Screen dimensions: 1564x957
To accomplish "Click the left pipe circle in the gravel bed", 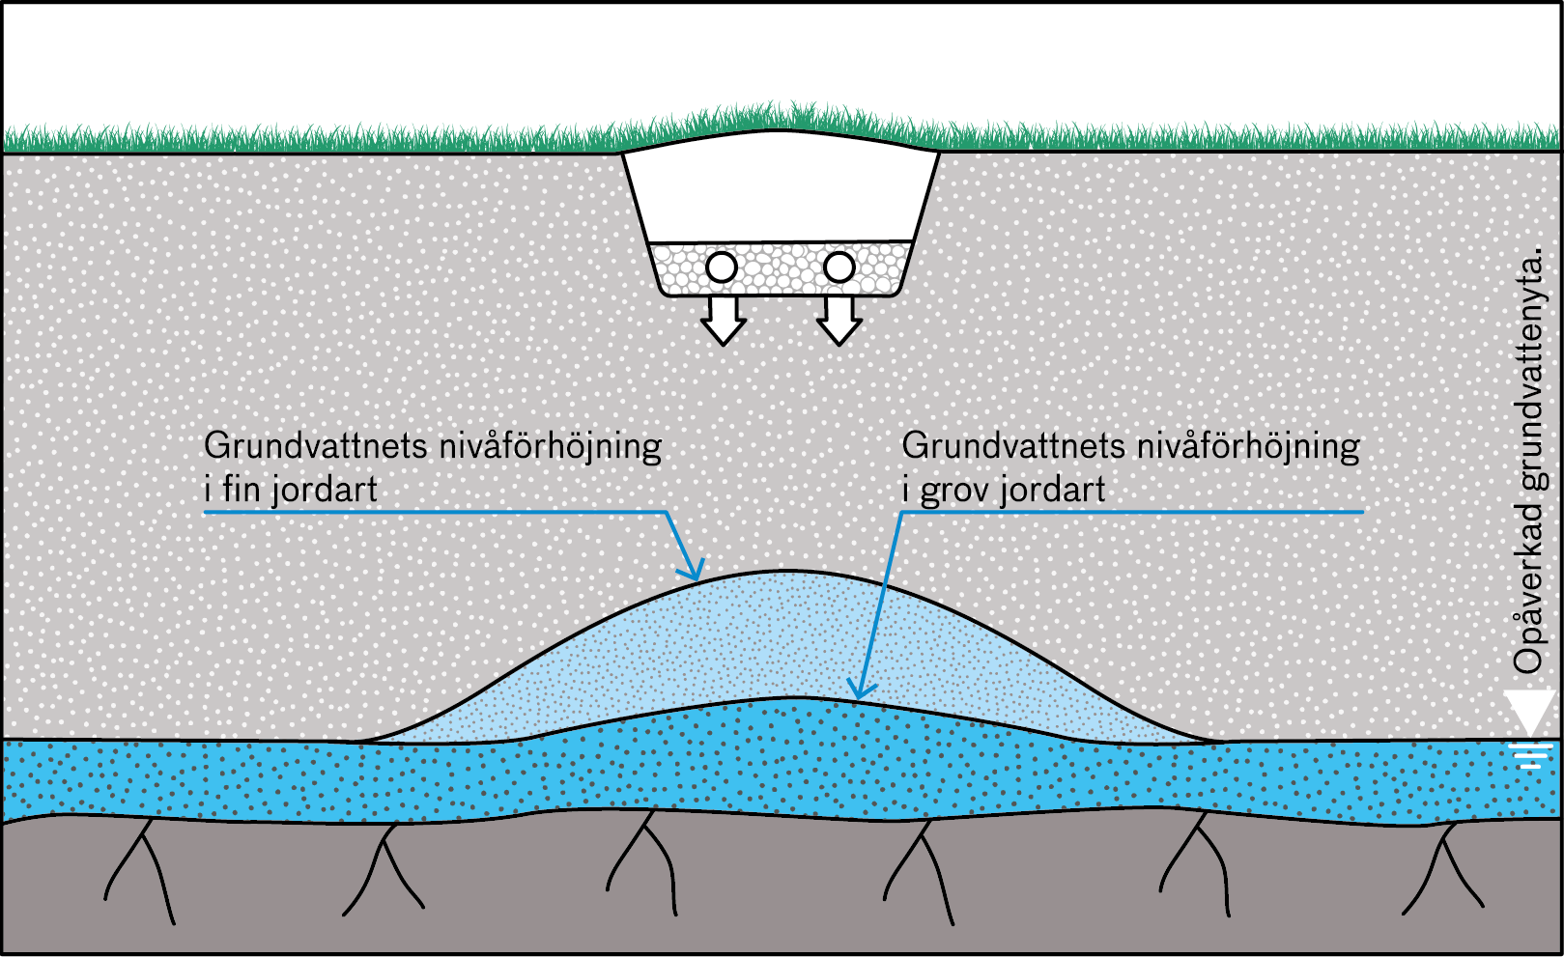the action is (x=722, y=267).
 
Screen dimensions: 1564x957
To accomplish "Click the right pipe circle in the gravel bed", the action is (x=839, y=267).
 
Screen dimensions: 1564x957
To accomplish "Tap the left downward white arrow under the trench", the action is (x=724, y=321).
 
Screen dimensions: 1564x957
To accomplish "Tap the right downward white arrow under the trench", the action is (x=839, y=321).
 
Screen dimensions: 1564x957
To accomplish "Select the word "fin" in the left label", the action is (x=240, y=488).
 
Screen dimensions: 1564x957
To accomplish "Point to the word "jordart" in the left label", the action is (x=325, y=490).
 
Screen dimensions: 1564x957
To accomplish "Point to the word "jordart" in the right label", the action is (x=1053, y=490).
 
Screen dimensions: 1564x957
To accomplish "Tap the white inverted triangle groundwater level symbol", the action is (x=1530, y=712).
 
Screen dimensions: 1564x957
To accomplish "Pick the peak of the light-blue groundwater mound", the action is (x=782, y=571).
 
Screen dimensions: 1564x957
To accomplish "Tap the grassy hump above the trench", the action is (x=781, y=126).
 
